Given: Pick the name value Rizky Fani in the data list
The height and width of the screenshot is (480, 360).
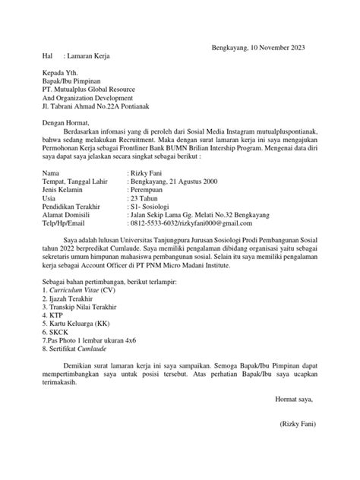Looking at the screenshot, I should pos(147,174).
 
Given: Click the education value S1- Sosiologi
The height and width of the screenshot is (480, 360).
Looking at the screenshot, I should pos(152,210).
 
